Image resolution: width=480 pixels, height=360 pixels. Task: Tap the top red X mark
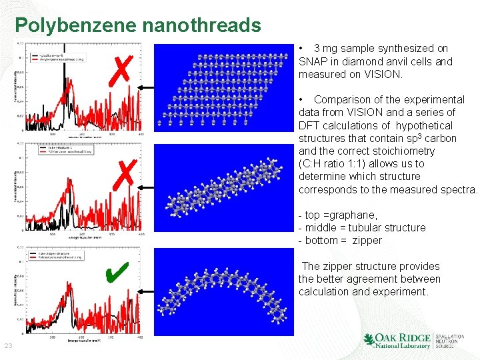[121, 68]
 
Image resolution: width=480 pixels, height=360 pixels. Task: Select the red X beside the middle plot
[123, 176]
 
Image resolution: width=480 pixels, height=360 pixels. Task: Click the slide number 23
[9, 345]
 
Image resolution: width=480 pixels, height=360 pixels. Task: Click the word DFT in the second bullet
[309, 125]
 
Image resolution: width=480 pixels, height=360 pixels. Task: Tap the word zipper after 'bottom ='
[367, 240]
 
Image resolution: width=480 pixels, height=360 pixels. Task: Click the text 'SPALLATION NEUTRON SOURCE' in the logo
[450, 341]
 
